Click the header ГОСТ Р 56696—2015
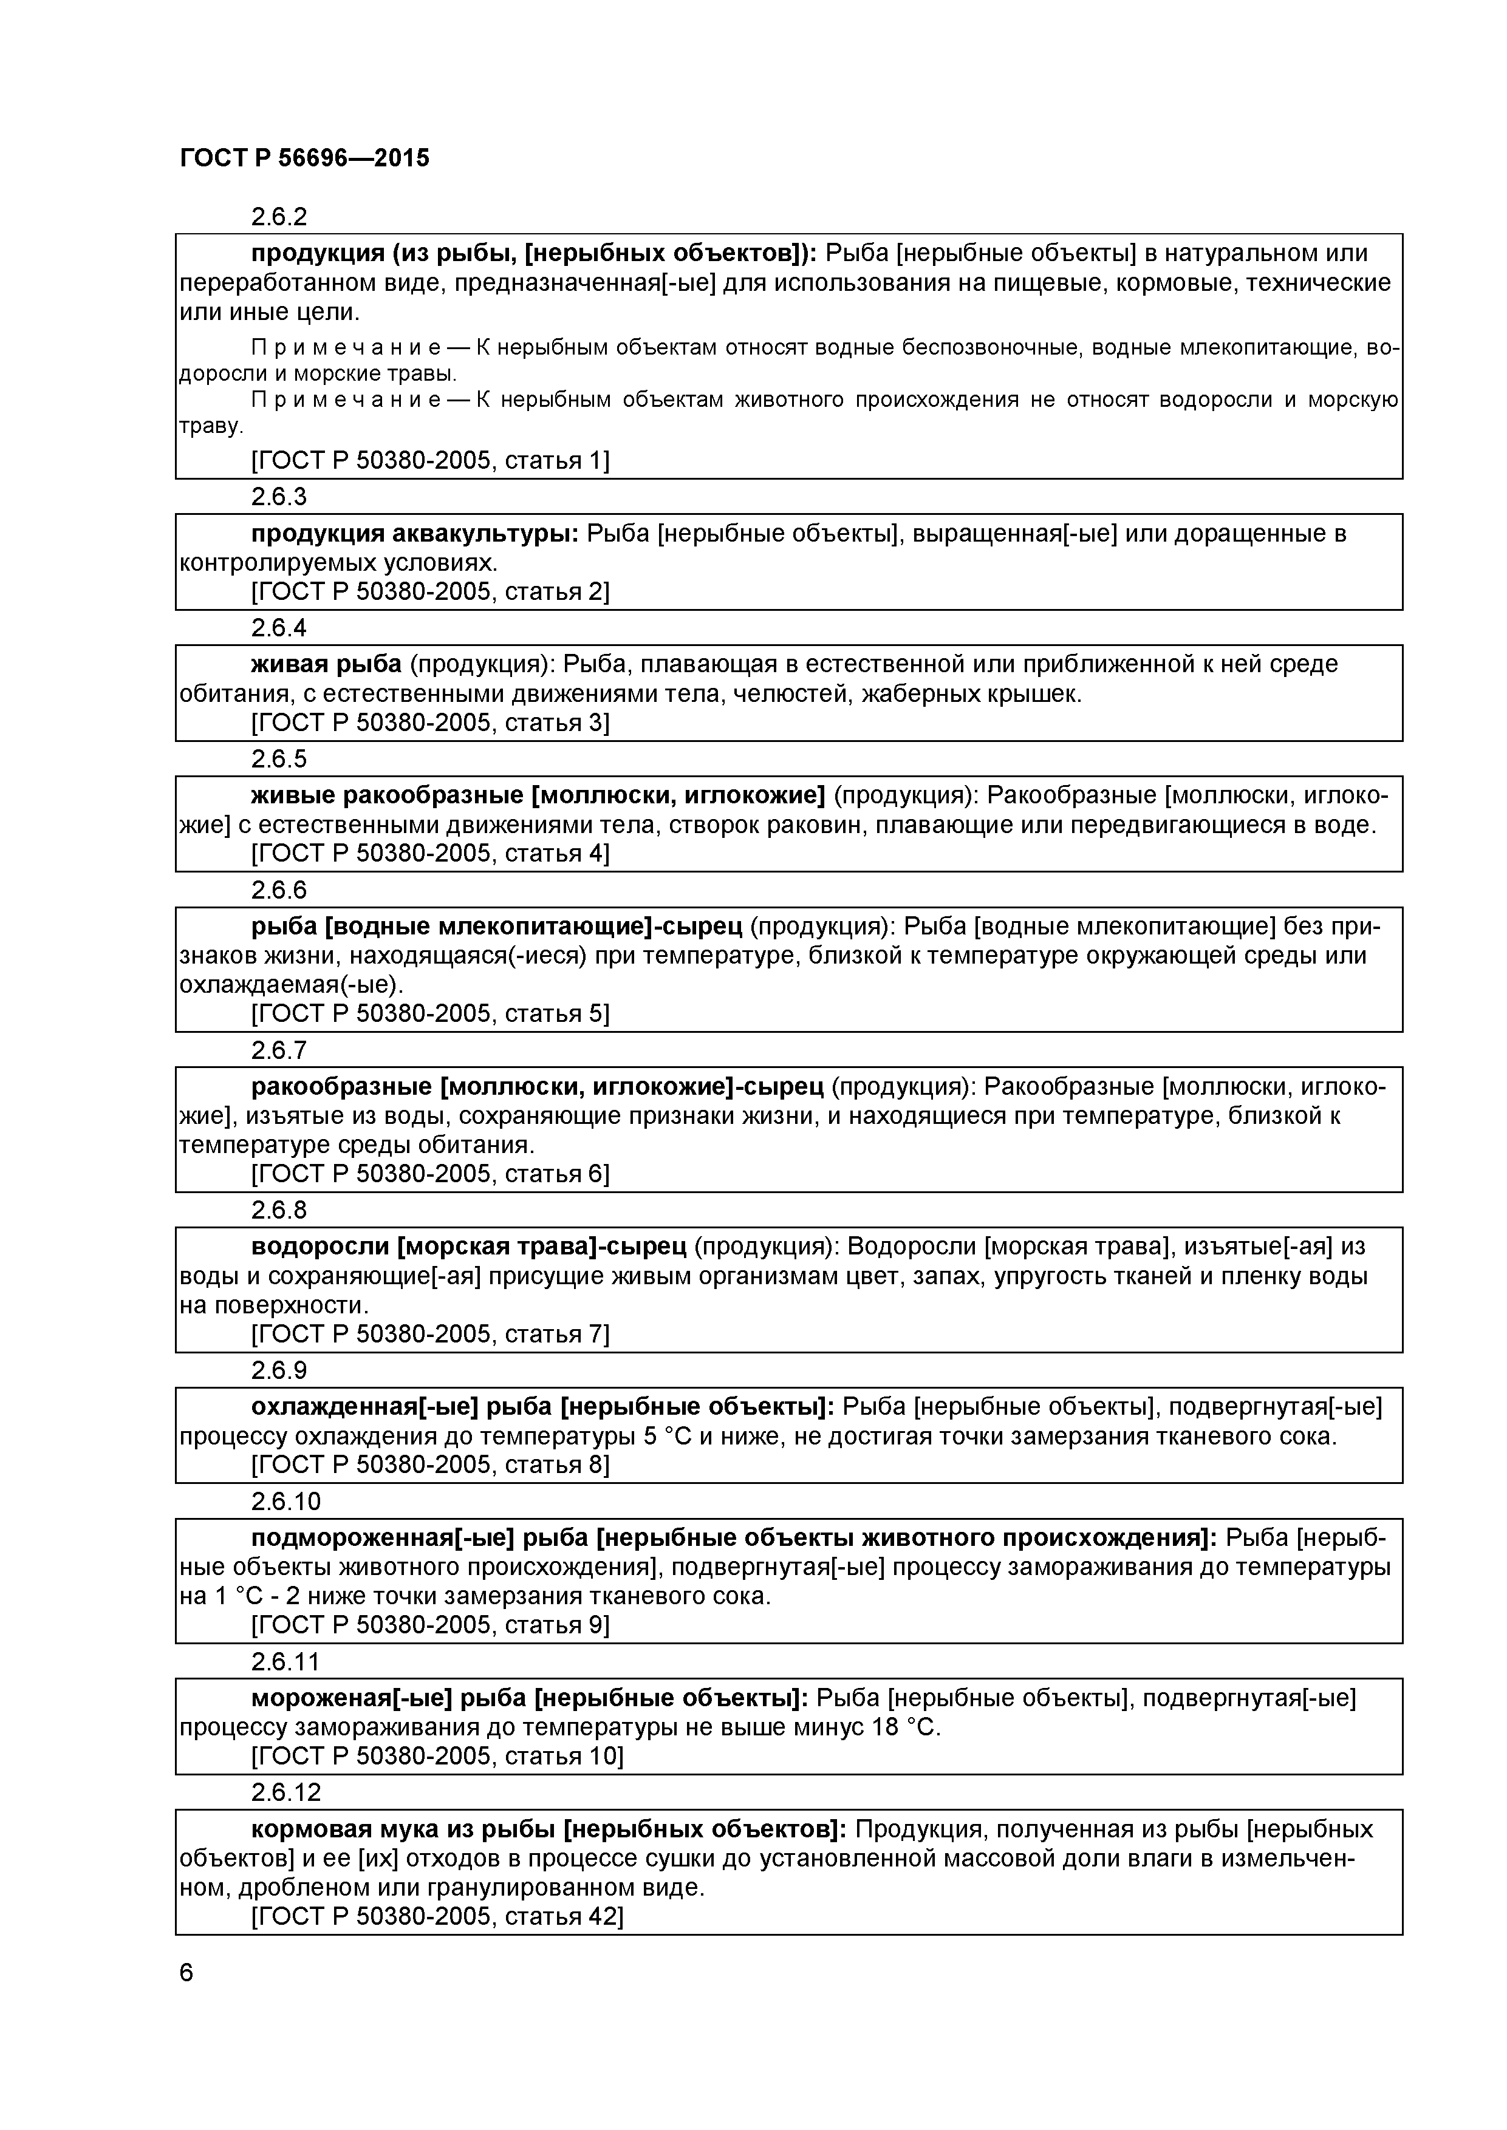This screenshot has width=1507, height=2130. coord(304,158)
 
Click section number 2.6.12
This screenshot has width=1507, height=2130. coord(286,1791)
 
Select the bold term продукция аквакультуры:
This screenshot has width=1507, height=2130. coord(415,534)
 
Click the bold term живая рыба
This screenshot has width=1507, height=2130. coord(326,664)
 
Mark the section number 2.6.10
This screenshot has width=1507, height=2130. coord(286,1501)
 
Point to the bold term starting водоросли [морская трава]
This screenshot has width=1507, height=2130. coord(468,1246)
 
